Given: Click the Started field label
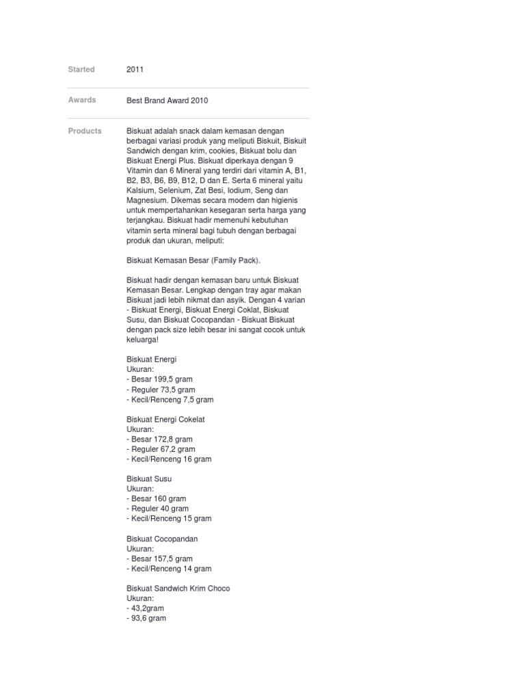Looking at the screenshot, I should click(x=81, y=69).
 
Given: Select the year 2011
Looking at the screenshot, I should click(x=135, y=69).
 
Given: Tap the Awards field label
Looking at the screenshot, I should click(x=82, y=100).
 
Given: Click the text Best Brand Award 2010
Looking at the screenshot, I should click(x=167, y=100).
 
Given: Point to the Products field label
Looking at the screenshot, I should click(x=85, y=131).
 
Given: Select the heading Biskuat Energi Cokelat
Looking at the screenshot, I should click(x=165, y=419).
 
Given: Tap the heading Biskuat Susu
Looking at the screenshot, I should click(x=149, y=479).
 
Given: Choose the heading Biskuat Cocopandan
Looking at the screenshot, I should click(x=162, y=539).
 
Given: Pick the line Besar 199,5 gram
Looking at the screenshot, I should click(x=161, y=379).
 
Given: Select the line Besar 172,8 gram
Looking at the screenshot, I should click(x=161, y=439).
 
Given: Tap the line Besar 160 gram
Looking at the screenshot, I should click(x=158, y=498).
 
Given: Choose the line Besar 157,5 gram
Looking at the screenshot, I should click(x=161, y=558).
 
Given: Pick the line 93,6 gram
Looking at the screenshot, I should click(x=148, y=618).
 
